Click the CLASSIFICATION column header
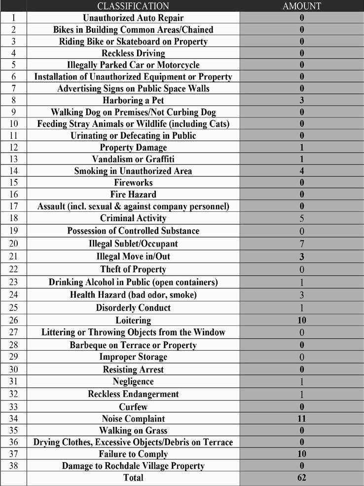pos(133,6)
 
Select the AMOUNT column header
pos(302,6)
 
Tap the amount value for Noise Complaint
pos(302,419)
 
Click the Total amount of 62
pos(302,478)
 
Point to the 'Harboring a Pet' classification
pos(133,100)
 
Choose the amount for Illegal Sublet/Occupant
pos(302,244)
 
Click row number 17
pos(14,206)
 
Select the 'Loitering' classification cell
pos(133,321)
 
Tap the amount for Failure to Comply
pos(302,454)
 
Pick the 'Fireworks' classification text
pos(133,183)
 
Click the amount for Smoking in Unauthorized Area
pos(302,171)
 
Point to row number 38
pos(14,466)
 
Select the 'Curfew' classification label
pos(133,407)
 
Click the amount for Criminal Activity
pos(302,218)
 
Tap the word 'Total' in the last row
pos(133,478)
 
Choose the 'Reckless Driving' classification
pos(133,53)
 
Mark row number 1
pos(14,18)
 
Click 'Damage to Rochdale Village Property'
pos(133,466)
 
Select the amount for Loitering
pos(302,321)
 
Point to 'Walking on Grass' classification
pos(133,431)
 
